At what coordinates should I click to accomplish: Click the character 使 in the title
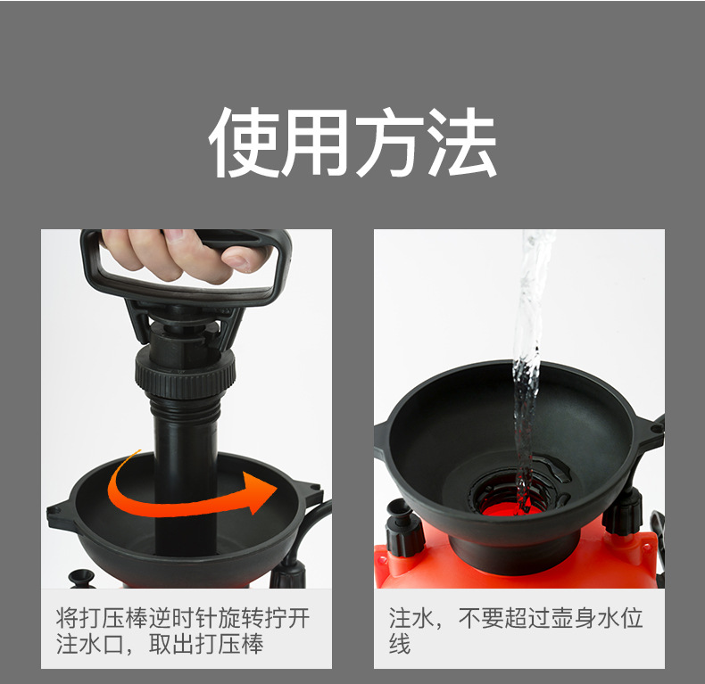(x=244, y=142)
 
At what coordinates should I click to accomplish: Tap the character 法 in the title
(x=461, y=142)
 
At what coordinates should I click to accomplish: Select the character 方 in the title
(x=389, y=142)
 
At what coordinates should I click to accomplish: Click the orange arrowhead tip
(x=277, y=488)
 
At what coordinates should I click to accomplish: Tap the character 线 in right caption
(x=400, y=644)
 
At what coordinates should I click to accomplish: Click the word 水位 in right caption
(x=620, y=618)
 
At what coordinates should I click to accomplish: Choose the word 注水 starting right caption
(x=411, y=618)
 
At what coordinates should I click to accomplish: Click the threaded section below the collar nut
(x=186, y=406)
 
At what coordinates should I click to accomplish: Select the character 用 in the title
(x=317, y=142)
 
